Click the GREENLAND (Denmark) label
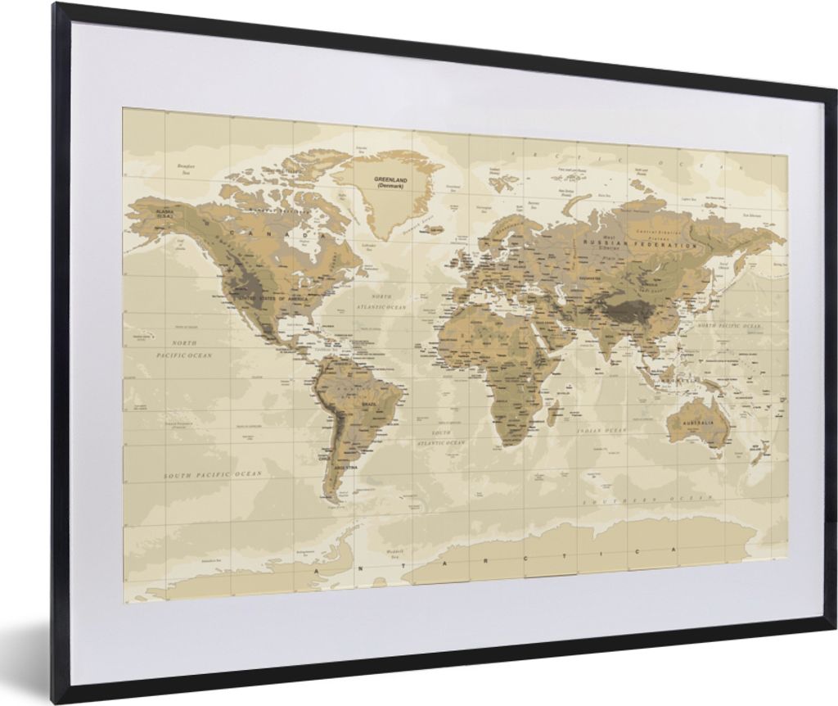391,181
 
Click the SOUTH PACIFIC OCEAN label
213,475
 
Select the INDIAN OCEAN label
601,430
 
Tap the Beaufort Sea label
189,169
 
